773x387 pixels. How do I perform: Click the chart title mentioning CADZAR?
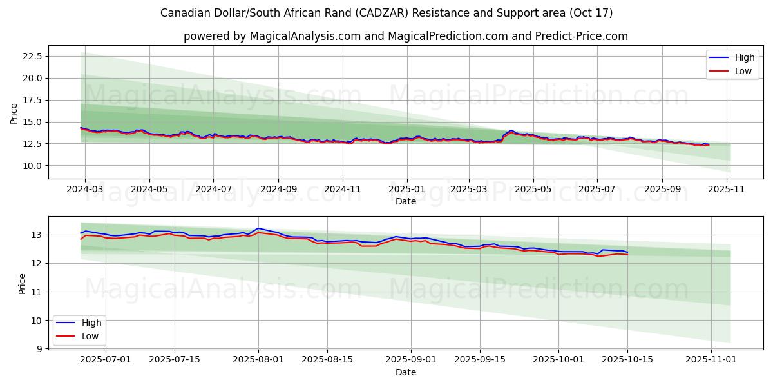[386, 13]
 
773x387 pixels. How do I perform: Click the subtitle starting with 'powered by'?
[406, 36]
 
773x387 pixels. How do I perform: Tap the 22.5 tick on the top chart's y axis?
[32, 56]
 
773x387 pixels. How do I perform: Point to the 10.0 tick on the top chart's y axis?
[32, 166]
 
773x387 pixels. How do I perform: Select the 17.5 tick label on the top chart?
[32, 100]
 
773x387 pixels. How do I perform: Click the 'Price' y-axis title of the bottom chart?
[23, 284]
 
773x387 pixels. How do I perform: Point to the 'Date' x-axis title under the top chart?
[406, 201]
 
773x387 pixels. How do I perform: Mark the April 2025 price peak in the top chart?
[511, 130]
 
